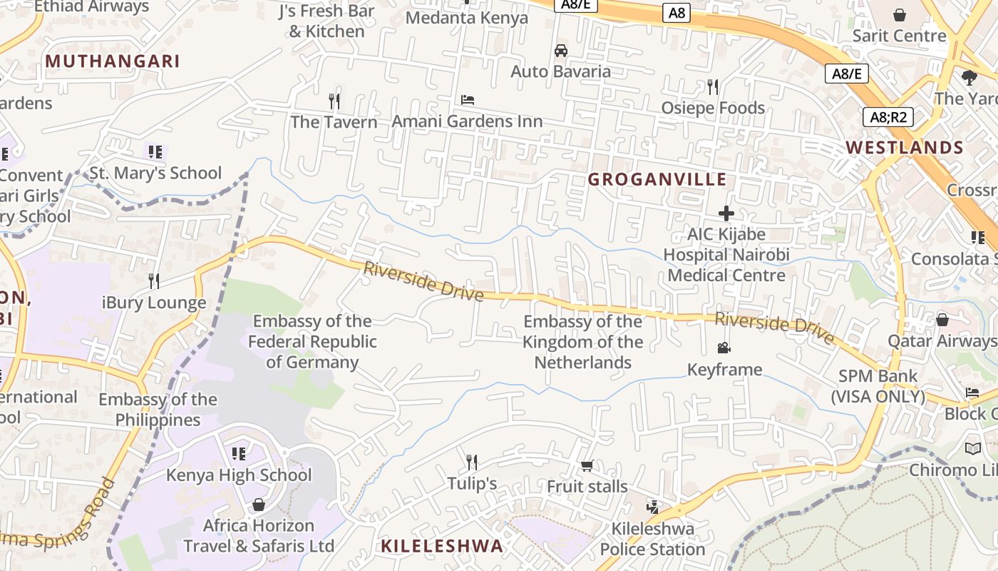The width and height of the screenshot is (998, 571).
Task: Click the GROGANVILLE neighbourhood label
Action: point(657,179)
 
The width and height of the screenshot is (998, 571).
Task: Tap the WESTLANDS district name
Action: point(904,148)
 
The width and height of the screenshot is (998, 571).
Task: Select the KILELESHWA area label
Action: point(441,546)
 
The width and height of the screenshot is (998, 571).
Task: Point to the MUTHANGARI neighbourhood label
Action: point(113,61)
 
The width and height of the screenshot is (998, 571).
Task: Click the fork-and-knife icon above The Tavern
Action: point(334,101)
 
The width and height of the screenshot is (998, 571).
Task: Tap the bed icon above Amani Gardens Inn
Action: point(468,100)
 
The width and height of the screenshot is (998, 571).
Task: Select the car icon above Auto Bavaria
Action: point(561,51)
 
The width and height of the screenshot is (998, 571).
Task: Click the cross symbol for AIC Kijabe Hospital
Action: point(726,213)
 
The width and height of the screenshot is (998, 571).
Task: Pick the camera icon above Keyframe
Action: point(724,348)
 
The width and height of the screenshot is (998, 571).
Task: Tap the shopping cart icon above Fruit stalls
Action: point(587,466)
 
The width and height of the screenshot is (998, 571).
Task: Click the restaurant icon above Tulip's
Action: point(471,463)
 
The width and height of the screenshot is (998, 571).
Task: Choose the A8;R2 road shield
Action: point(888,117)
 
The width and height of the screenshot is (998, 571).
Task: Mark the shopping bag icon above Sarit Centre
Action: point(900,15)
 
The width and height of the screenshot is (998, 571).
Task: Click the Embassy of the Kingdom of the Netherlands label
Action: point(583,342)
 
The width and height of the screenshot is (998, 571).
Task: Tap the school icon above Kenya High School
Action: point(239,454)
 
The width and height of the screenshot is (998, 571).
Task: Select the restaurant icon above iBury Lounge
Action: point(153,281)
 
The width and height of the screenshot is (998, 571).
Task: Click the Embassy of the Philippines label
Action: point(158,410)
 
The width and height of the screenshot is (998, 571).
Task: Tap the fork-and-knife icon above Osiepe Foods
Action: point(712,87)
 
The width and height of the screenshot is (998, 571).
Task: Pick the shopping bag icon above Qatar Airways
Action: point(942,320)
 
